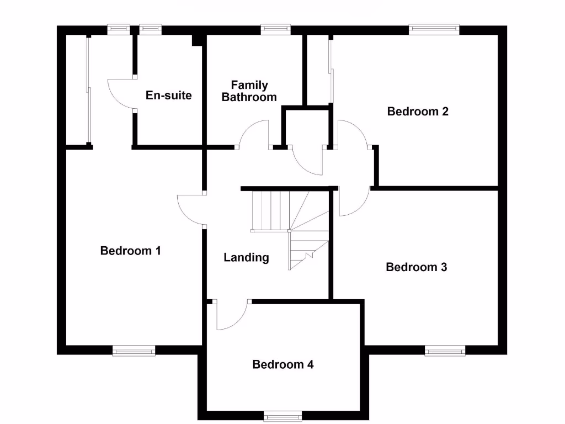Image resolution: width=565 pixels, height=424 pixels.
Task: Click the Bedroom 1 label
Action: pos(130,251)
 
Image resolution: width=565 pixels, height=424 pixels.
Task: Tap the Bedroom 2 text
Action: pos(418,112)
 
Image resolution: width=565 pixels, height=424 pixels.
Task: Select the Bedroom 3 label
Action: pos(416,267)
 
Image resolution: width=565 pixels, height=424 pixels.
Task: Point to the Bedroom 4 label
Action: pos(283,364)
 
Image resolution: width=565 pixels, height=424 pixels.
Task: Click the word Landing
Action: pos(246,257)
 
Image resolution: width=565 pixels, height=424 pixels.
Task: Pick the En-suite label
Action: pos(169,96)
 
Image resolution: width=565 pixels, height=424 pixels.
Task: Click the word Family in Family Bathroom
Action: pos(249,85)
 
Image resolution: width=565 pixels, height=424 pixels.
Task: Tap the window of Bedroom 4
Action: pos(282,415)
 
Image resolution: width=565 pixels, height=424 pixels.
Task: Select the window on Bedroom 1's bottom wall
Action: pos(134,350)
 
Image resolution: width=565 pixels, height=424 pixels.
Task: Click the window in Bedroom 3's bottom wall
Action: pos(445,350)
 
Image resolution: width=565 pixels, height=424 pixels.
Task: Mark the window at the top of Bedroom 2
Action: pos(434,29)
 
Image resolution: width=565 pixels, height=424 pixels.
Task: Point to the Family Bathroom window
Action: pos(275,29)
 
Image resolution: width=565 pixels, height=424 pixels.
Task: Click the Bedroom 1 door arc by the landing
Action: pos(189,210)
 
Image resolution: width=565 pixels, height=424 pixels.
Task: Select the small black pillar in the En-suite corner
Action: pos(196,40)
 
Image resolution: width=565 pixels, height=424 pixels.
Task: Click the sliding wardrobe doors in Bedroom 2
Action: pos(331,70)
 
